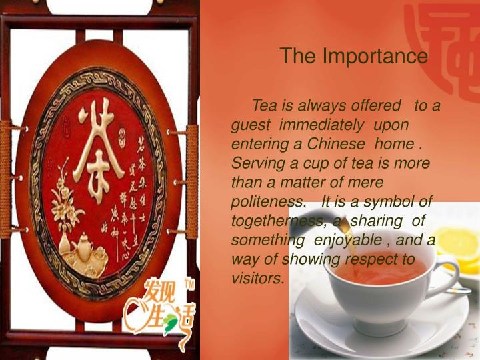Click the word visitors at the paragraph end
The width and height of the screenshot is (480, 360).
click(x=257, y=278)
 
